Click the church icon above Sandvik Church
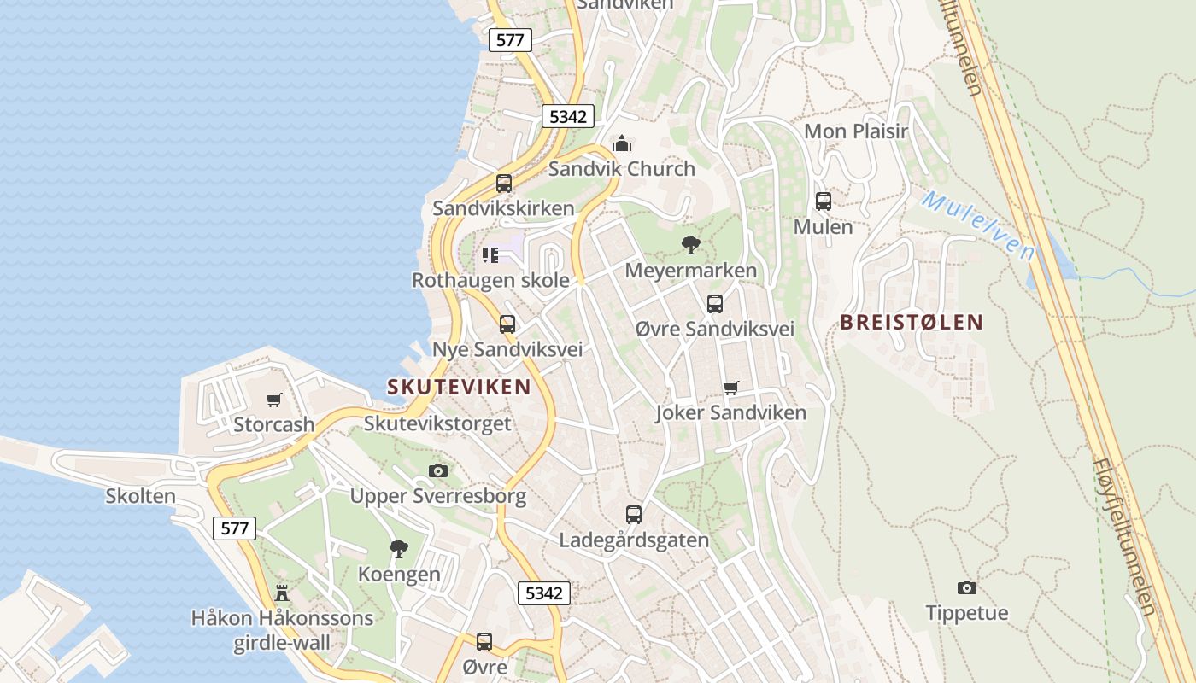coord(622,143)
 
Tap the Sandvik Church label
coord(622,168)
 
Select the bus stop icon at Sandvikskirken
coord(504,183)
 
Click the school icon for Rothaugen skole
coord(490,254)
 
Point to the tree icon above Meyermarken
coord(691,246)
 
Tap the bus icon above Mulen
coord(824,201)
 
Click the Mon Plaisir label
coord(856,131)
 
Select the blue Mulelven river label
coord(978,225)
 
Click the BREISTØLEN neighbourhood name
coord(912,322)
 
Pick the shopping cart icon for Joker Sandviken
coord(730,388)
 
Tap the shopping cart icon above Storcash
coord(274,400)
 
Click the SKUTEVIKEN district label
coord(459,387)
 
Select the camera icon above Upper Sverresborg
coord(438,470)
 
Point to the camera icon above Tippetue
coord(967,587)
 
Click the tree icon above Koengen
coord(399,548)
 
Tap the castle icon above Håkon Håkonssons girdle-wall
coord(282,593)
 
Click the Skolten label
coord(141,496)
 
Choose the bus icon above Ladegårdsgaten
coord(634,514)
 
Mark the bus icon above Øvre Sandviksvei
coord(715,303)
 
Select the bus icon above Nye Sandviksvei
coord(507,324)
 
